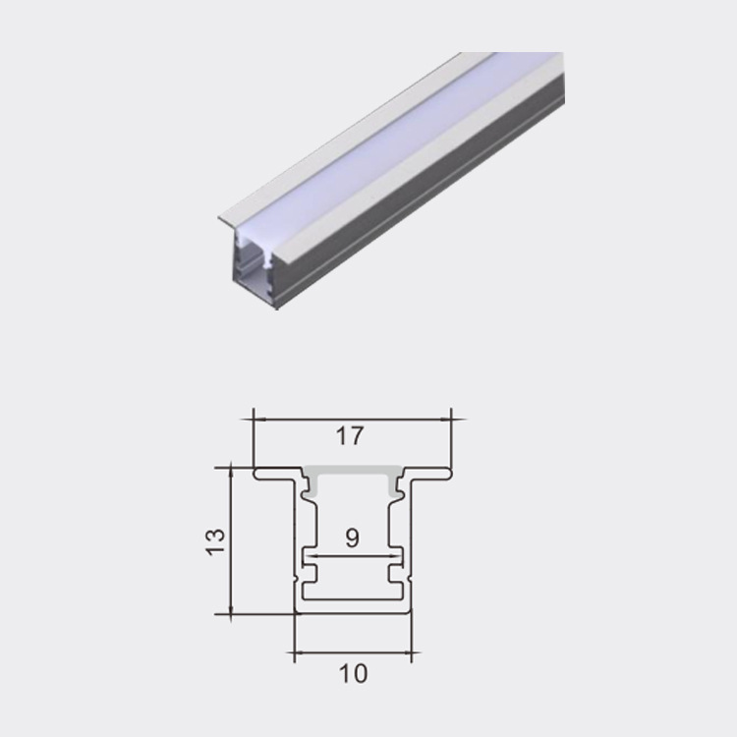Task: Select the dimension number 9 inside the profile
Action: (x=353, y=538)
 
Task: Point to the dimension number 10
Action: (x=353, y=674)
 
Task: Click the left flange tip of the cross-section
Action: (x=255, y=474)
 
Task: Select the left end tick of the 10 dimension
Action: (x=295, y=650)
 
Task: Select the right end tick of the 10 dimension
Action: (x=410, y=650)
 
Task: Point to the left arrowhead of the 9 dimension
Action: (x=306, y=556)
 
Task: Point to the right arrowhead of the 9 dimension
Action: (x=399, y=556)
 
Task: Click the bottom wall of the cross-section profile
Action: (x=353, y=610)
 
